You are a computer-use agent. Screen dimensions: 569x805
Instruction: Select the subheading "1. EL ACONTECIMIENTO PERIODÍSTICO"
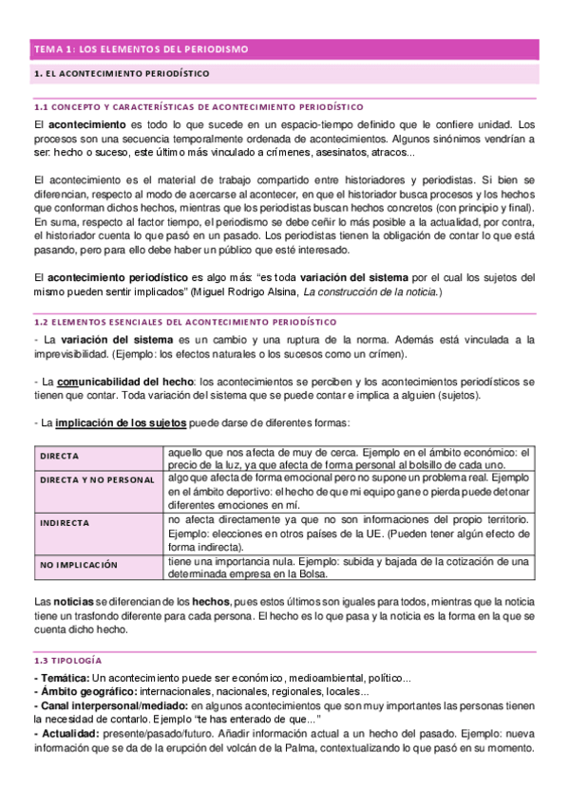click(x=122, y=73)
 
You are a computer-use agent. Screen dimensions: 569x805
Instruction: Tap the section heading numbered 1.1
click(x=198, y=106)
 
